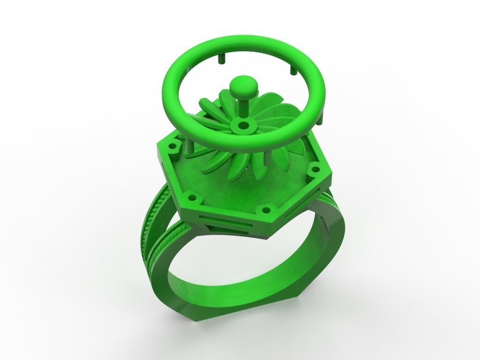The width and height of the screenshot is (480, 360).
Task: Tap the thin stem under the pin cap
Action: (244, 108)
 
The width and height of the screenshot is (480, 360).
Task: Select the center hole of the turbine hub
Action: (243, 126)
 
